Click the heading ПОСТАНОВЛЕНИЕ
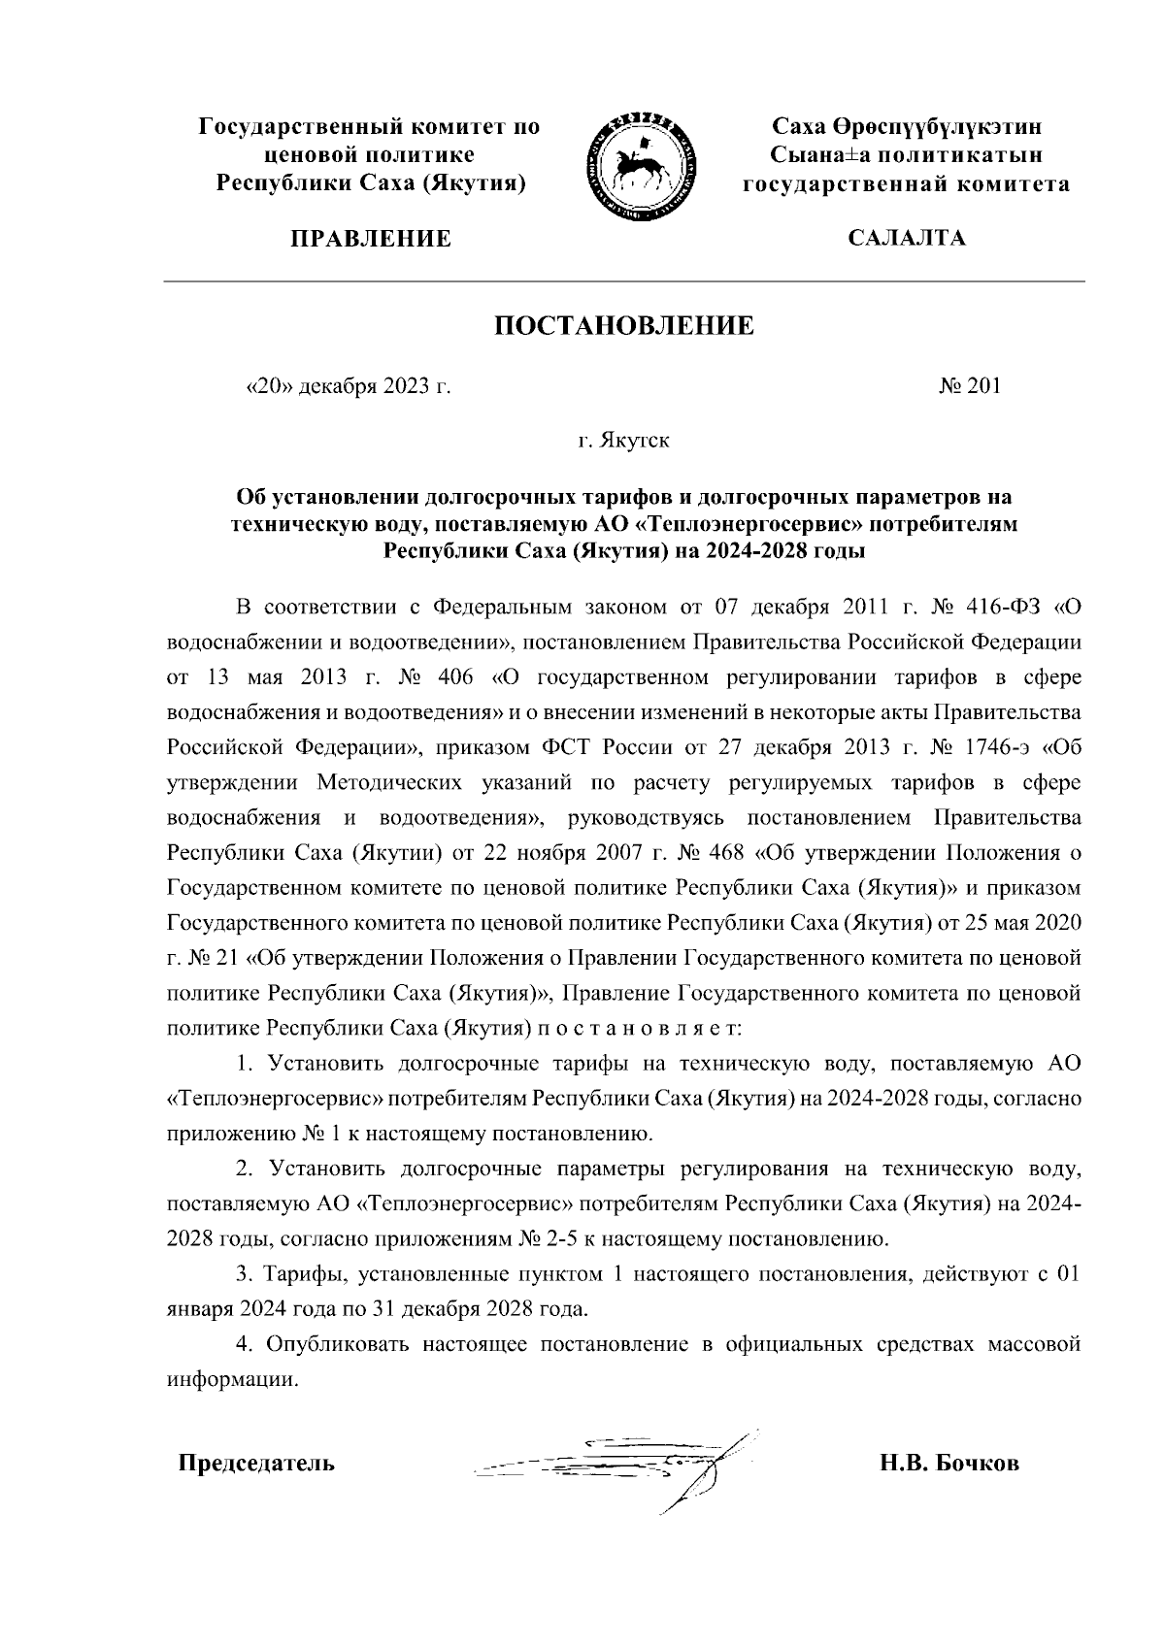(624, 326)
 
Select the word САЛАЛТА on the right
(906, 239)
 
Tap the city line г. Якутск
(624, 442)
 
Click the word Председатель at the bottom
(255, 1464)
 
